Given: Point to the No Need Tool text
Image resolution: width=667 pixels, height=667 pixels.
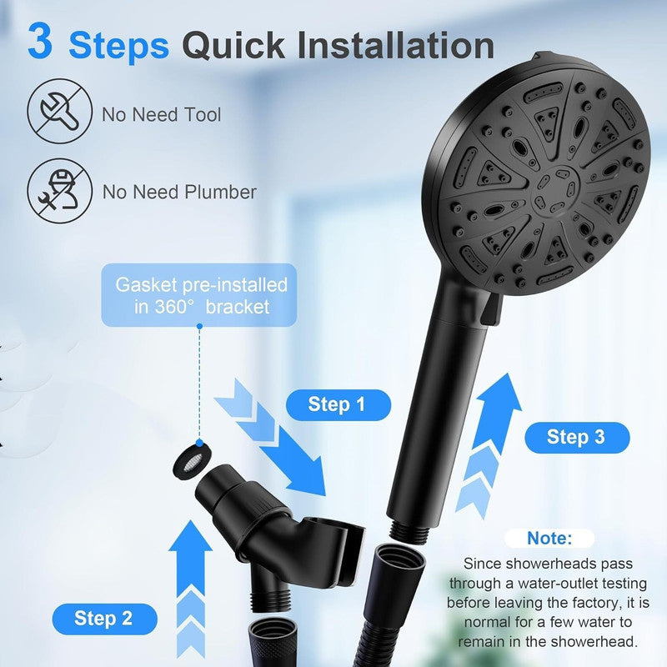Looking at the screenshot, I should pyautogui.click(x=162, y=114).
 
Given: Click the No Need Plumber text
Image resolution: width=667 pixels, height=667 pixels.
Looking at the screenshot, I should pyautogui.click(x=178, y=192).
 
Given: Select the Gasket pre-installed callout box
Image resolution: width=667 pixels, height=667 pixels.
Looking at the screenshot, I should pyautogui.click(x=201, y=295).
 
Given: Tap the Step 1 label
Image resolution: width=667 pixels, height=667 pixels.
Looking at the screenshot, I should pyautogui.click(x=336, y=405).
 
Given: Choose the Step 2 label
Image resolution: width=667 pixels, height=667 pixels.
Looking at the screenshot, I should pyautogui.click(x=103, y=618).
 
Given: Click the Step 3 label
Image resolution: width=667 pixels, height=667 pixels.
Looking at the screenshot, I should pyautogui.click(x=575, y=437).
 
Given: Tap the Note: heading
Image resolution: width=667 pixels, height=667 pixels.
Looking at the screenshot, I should pyautogui.click(x=549, y=539).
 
